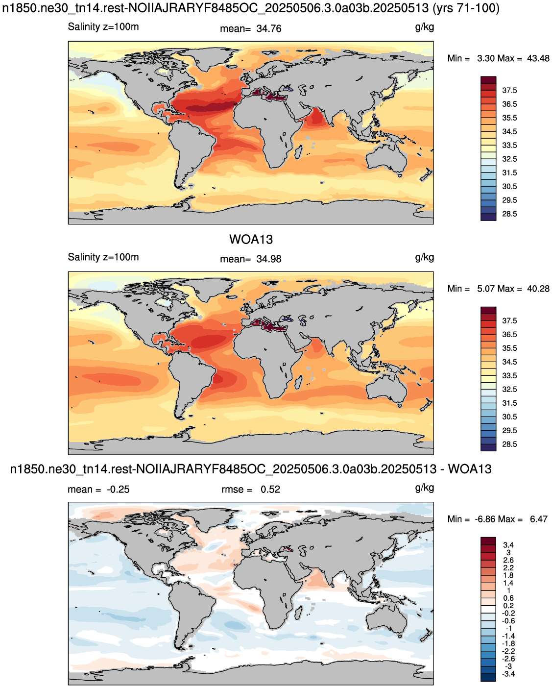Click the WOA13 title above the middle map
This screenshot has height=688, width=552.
[251, 240]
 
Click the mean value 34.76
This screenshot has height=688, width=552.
[269, 29]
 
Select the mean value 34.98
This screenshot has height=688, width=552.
[269, 259]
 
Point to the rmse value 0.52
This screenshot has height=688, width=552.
[270, 490]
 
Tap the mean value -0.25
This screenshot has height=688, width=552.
[118, 490]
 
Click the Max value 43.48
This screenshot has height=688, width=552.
[538, 58]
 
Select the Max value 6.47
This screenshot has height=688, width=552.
[539, 519]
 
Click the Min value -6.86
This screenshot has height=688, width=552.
[487, 519]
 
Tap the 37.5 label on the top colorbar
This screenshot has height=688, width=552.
[509, 91]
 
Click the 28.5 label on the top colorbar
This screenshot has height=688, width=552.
[509, 214]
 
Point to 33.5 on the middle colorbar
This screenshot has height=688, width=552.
[509, 376]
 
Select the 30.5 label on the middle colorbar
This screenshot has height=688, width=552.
[509, 417]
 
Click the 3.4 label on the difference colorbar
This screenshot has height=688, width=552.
[508, 545]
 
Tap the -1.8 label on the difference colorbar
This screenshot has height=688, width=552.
[508, 644]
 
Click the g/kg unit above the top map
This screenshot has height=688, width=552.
[425, 27]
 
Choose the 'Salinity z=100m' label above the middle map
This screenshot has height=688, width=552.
[103, 257]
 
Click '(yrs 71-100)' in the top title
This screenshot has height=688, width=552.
[466, 8]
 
